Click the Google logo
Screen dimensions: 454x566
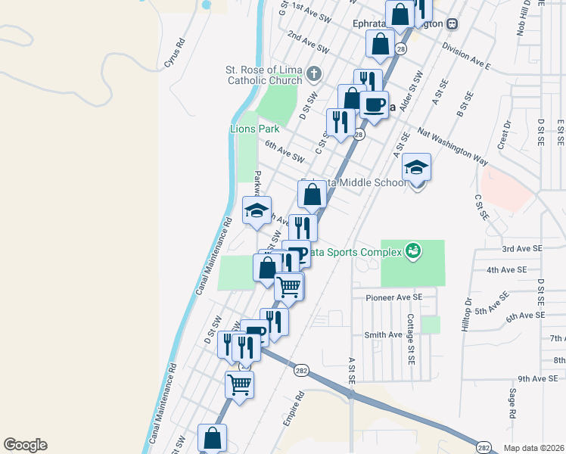coord(25,445)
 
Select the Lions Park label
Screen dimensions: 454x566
coord(254,129)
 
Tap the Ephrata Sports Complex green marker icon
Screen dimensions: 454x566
coord(412,249)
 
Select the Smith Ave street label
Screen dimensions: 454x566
coord(383,335)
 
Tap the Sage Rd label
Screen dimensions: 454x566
coord(512,404)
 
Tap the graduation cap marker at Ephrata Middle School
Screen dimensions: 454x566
coord(416,168)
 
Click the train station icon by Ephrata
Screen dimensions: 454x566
coord(452,23)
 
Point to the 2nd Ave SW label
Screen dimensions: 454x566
coord(308,43)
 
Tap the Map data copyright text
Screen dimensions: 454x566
coord(533,447)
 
